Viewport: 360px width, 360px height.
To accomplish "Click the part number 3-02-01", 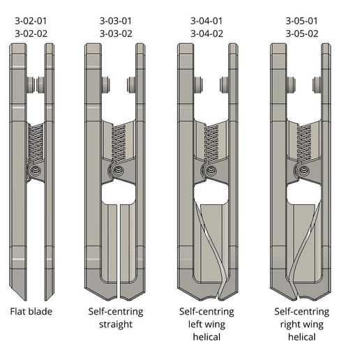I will [x=30, y=21].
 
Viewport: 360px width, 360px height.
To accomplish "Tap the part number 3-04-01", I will [x=207, y=21].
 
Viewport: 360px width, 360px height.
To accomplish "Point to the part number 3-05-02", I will [x=301, y=33].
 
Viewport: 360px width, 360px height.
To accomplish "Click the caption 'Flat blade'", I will [x=30, y=311].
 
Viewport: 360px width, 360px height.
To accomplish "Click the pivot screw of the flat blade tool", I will [x=33, y=170].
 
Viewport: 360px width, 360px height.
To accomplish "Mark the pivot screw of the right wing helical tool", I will [x=303, y=170].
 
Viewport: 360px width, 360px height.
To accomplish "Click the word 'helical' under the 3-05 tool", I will [x=301, y=337].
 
